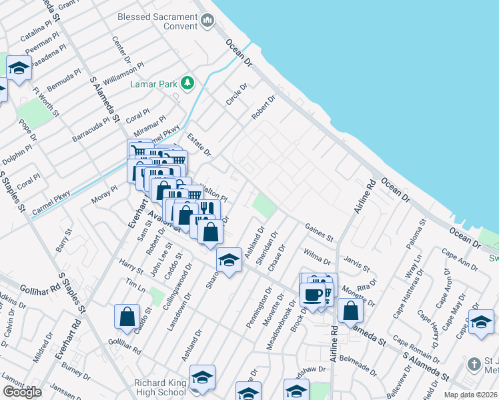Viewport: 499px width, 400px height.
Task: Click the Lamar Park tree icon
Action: click(x=188, y=83)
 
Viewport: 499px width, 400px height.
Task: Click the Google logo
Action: click(x=22, y=392)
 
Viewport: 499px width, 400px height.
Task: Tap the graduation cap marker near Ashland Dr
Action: click(x=229, y=261)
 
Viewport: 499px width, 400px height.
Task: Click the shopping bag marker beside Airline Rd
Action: click(x=350, y=311)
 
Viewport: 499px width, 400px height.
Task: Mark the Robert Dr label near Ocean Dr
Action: click(x=263, y=109)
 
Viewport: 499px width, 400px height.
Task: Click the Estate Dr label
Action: click(x=198, y=145)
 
